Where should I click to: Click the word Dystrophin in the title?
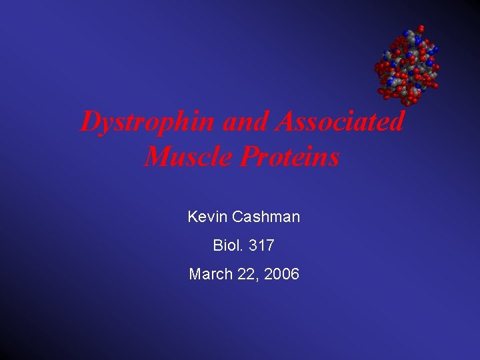tap(147, 122)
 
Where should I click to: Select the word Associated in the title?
tap(340, 122)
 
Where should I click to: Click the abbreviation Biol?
tap(228, 245)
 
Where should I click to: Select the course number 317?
tap(261, 245)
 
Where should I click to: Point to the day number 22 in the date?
tap(243, 274)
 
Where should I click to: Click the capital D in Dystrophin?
tap(89, 122)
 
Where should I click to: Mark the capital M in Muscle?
tap(156, 157)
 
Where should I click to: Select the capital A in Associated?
tap(284, 122)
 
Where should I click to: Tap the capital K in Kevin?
tap(193, 217)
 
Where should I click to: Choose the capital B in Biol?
tap(217, 245)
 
